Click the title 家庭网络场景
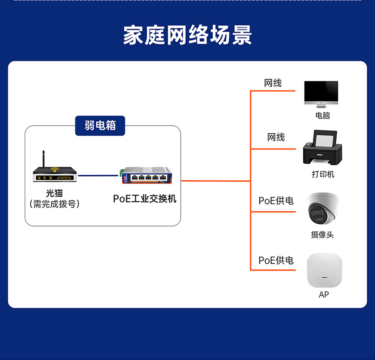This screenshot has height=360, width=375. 187,35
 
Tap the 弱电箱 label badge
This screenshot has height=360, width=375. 100,125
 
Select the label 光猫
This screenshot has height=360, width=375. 54,194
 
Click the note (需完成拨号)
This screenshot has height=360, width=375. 55,204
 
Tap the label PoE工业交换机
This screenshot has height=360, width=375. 145,199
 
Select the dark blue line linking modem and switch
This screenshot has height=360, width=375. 98,175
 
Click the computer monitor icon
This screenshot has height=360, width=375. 321,94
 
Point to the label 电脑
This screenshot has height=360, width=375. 322,115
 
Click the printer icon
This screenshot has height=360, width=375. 322,148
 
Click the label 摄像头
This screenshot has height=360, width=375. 322,235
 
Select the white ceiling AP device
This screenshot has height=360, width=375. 324,270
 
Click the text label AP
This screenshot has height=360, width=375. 324,295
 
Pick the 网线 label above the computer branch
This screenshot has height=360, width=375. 273,83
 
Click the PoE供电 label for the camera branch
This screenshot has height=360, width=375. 276,201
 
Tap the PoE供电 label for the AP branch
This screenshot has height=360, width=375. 276,260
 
